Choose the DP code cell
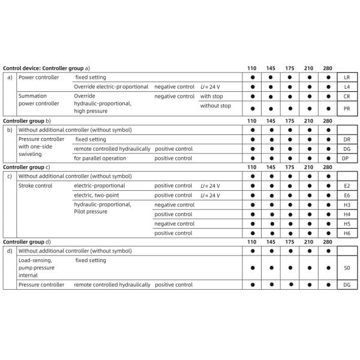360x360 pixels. click(346, 158)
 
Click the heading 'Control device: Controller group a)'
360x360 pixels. click(47, 68)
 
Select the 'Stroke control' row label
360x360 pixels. click(36, 186)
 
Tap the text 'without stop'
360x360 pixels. click(216, 106)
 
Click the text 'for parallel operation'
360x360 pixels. click(100, 158)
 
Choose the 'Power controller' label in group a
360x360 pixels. click(39, 78)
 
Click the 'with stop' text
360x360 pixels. click(211, 96)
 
